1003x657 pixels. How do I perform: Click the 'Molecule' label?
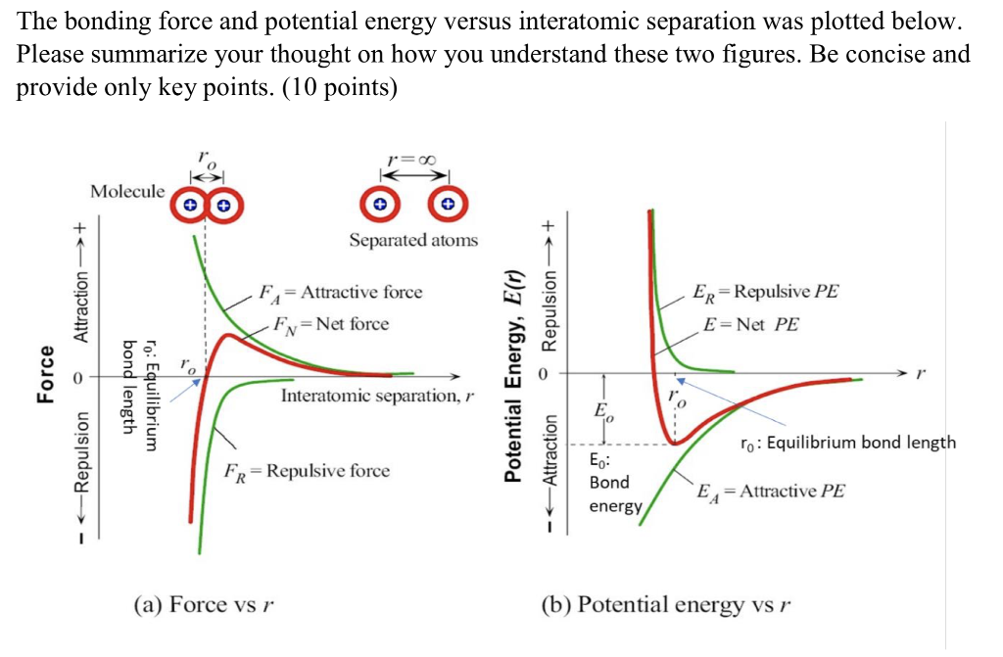[x=127, y=191]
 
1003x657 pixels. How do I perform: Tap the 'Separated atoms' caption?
[x=413, y=240]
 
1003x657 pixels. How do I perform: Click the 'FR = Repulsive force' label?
[x=306, y=471]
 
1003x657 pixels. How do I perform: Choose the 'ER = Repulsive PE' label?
[x=765, y=292]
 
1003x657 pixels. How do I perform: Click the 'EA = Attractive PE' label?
[x=770, y=491]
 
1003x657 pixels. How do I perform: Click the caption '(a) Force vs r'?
[x=202, y=604]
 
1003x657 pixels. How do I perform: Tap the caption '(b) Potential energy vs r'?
[x=665, y=604]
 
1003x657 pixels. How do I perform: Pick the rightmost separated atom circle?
[x=448, y=206]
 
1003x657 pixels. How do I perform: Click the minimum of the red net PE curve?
[x=675, y=442]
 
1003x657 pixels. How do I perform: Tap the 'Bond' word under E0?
[x=609, y=483]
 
